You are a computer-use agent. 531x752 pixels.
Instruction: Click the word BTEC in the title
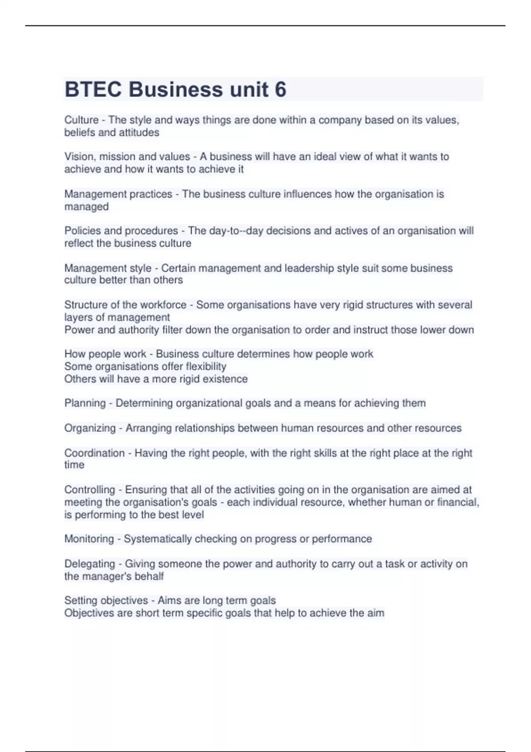[x=93, y=89]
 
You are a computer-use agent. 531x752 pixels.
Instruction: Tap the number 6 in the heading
[x=281, y=89]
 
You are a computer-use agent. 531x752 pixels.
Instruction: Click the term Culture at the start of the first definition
[x=81, y=120]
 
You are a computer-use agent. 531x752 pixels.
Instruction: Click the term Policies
[x=82, y=231]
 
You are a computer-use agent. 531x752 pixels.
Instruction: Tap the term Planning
[x=85, y=403]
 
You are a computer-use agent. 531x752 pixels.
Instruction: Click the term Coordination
[x=94, y=453]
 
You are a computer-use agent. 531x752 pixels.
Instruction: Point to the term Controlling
[x=89, y=490]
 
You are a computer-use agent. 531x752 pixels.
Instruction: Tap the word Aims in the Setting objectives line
[x=169, y=601]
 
